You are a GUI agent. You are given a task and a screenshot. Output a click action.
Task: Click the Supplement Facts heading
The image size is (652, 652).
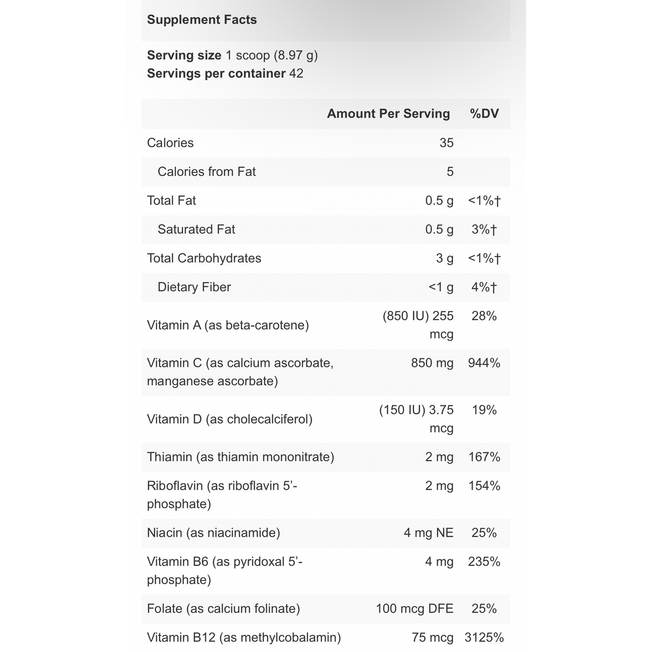202,20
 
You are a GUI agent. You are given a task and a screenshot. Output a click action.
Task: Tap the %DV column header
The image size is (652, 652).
484,114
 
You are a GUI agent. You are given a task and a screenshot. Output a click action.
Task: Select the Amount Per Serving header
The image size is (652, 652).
388,114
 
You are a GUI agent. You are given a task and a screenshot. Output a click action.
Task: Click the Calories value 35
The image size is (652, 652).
446,143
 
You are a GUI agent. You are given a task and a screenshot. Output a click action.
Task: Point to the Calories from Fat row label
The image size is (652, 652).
206,172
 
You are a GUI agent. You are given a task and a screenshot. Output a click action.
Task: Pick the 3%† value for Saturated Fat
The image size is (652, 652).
484,229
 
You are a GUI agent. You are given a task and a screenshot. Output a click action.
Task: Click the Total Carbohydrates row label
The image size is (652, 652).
204,258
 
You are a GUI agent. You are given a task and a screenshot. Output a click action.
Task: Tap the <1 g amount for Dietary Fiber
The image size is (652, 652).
441,287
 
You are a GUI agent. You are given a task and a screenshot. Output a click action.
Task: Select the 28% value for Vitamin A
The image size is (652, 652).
484,316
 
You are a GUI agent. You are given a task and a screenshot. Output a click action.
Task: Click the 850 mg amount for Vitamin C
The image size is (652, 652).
432,363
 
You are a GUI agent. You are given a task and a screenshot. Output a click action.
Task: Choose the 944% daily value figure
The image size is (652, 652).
484,363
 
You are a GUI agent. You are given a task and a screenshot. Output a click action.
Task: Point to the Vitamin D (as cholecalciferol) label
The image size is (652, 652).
230,419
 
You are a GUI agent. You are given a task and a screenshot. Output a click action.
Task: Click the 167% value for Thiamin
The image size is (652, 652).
484,457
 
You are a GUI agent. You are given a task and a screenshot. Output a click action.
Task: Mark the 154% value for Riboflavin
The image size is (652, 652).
484,486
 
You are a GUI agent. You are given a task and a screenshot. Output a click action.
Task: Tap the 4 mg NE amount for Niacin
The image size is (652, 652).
428,533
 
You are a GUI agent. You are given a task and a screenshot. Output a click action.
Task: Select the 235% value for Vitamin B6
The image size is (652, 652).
484,562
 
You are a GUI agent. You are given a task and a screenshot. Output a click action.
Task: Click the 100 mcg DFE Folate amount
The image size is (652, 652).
414,609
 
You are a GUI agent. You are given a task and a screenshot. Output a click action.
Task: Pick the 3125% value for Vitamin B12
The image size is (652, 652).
484,637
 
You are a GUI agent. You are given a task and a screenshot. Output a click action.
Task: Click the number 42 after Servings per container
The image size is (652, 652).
296,73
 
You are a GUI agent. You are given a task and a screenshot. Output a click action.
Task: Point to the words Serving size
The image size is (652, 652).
184,55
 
